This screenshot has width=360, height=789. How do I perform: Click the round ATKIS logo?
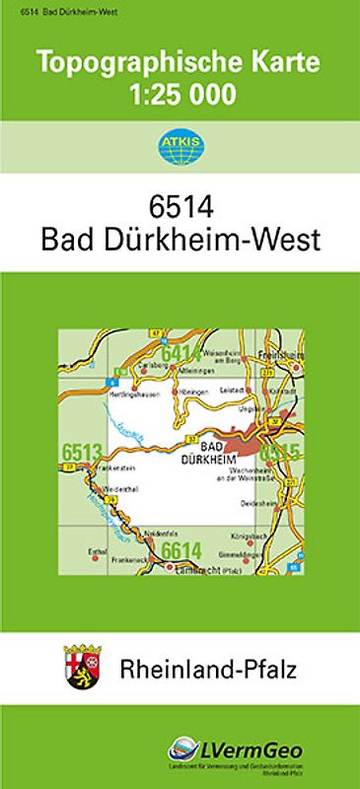point(180,147)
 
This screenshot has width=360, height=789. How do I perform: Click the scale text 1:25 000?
point(180,95)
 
